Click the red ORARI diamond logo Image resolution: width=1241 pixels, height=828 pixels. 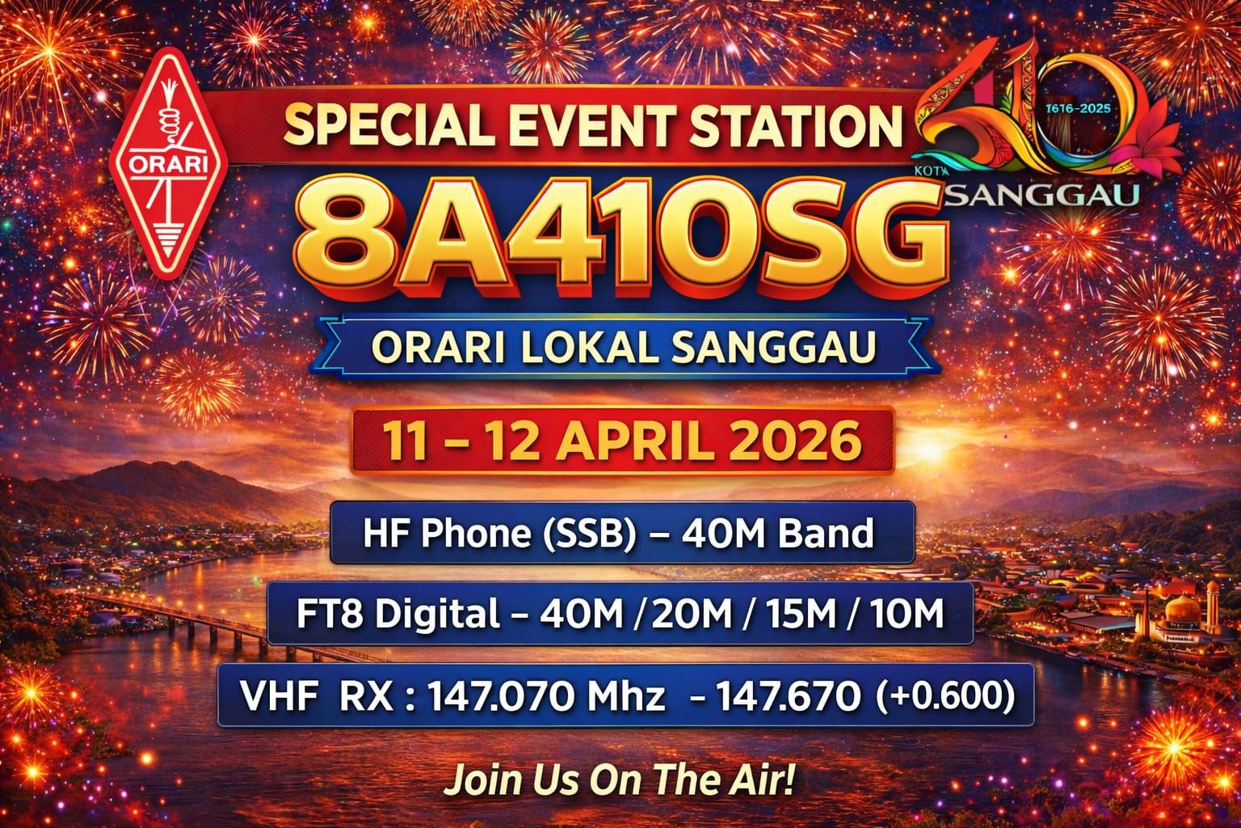click(169, 159)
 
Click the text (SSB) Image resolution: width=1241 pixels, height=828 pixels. click(589, 534)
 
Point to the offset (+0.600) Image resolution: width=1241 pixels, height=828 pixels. click(943, 695)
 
